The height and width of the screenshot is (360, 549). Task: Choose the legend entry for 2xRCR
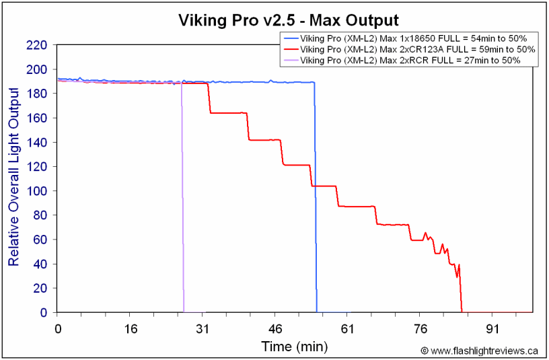410,60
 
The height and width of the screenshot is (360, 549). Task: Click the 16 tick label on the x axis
131,329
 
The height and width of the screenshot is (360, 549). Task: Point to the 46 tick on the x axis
275,329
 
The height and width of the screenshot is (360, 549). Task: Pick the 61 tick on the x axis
348,329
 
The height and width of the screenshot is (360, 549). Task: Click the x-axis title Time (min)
295,347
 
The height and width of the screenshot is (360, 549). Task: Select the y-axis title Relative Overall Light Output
13,179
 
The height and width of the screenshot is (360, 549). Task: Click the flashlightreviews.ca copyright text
480,351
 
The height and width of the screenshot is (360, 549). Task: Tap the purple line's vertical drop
182,202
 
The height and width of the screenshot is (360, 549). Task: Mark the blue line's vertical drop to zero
316,202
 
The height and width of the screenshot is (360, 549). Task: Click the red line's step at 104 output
324,186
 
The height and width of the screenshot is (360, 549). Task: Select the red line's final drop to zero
461,296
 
